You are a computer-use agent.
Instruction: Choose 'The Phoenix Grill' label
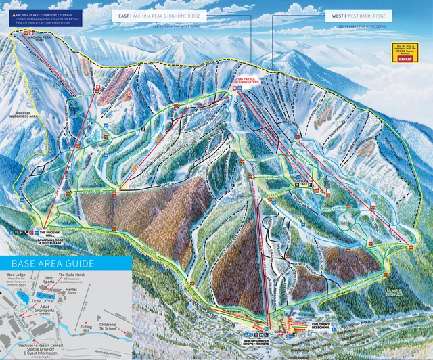55,229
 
